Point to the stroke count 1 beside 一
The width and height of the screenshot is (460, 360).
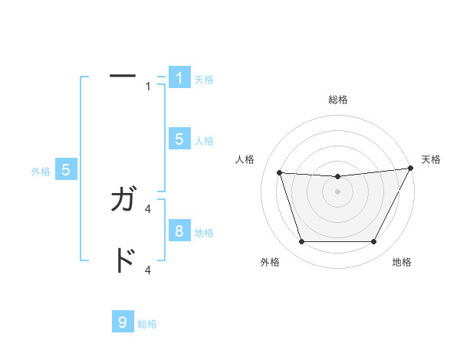click(x=148, y=87)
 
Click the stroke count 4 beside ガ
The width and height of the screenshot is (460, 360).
click(x=148, y=208)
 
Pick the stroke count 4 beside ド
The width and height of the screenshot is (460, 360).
click(x=148, y=270)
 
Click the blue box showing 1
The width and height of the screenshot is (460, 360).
click(x=179, y=78)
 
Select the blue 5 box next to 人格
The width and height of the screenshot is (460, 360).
click(x=179, y=139)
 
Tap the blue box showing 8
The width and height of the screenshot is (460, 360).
click(x=179, y=231)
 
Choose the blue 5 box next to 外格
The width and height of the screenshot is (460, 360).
click(x=66, y=170)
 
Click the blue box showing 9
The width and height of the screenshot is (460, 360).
click(x=123, y=322)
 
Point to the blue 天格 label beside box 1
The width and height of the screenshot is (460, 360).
click(x=204, y=79)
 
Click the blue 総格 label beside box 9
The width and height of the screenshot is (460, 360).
click(x=147, y=324)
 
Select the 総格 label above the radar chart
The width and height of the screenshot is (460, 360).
click(x=337, y=100)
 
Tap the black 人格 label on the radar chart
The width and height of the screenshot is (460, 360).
click(x=245, y=159)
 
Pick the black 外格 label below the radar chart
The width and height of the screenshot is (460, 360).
click(x=270, y=263)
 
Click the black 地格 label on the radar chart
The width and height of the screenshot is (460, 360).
click(x=402, y=263)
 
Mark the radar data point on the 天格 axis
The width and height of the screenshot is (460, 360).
click(x=411, y=169)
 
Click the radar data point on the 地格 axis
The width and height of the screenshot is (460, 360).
click(x=373, y=242)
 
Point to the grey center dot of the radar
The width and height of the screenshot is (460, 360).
click(x=337, y=191)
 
